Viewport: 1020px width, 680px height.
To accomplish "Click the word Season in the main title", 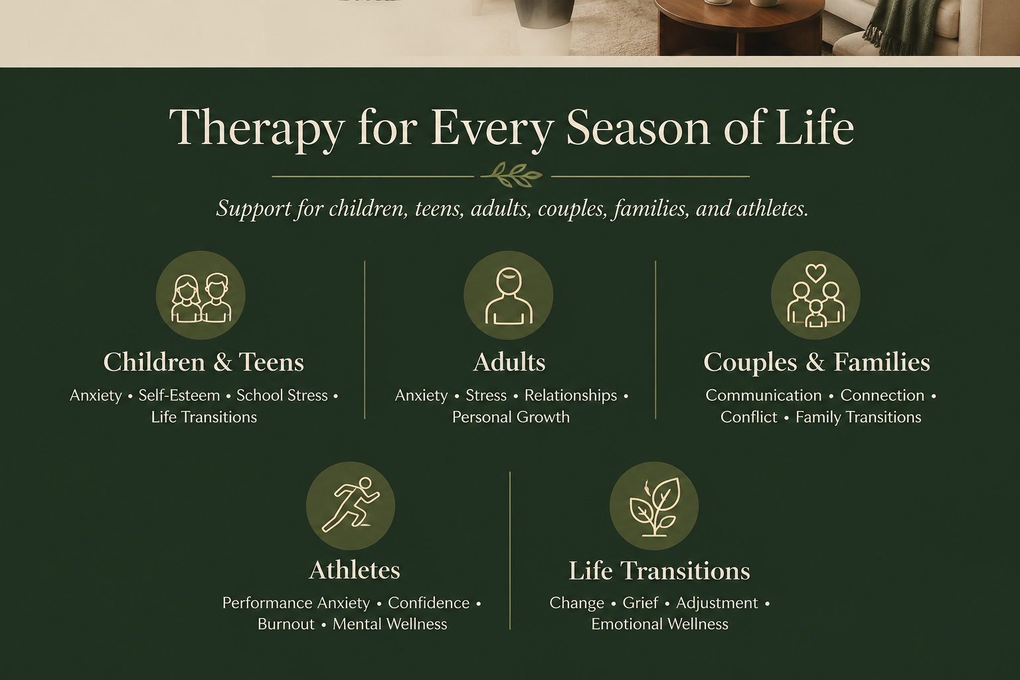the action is [x=638, y=128].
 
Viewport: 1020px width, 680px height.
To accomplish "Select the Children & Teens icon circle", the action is [x=201, y=295].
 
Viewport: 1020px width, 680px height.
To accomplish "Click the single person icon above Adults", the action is [x=509, y=296].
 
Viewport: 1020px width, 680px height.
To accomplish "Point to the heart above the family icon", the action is [x=815, y=273].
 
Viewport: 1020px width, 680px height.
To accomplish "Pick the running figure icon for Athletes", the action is [x=351, y=505].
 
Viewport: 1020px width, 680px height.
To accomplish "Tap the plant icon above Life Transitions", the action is [x=654, y=507].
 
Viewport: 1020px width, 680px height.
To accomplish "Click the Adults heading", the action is [x=509, y=363].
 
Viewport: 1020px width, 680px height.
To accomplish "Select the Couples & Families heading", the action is [x=816, y=363].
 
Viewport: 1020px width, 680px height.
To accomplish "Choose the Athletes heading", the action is [x=355, y=570].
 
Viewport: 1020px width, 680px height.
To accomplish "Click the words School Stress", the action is [x=282, y=395].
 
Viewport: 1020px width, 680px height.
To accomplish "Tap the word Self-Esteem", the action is [x=179, y=395].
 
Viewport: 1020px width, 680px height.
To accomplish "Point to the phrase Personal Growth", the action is [x=511, y=417].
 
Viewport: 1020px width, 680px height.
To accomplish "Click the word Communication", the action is [x=764, y=395].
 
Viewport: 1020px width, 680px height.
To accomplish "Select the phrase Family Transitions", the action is [x=859, y=417].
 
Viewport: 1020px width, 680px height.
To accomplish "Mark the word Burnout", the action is [x=286, y=624].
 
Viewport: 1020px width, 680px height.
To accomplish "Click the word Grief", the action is [x=640, y=603].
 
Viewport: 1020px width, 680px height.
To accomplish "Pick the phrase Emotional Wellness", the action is [x=660, y=624].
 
